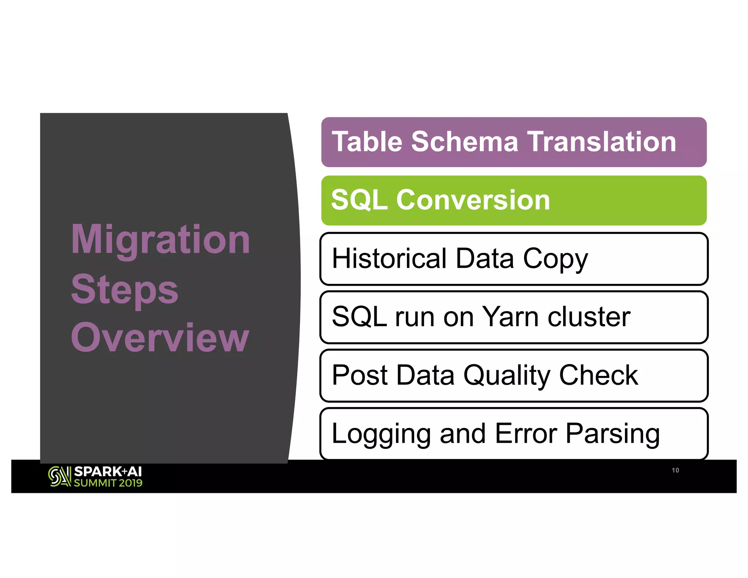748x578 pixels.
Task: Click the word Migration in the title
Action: coord(161,240)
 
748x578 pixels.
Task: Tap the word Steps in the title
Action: coord(125,290)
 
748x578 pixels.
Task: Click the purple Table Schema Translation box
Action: coord(514,142)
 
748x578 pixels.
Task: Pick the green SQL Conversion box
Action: coord(514,201)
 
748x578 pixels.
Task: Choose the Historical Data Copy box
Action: coord(514,259)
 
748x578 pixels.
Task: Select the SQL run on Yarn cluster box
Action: coord(514,317)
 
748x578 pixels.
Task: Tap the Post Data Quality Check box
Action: coord(514,376)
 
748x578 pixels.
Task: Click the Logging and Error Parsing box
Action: coord(514,434)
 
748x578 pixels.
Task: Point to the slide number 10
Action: coord(675,470)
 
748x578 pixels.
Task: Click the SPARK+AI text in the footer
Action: coord(108,472)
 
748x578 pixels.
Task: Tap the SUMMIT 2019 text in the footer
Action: coord(108,483)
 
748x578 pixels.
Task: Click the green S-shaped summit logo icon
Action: coord(59,476)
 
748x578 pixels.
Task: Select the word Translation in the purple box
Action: coord(602,142)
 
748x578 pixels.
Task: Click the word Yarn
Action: coord(511,317)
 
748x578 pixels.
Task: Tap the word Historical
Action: coord(389,258)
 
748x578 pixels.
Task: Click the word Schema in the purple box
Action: coord(465,142)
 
